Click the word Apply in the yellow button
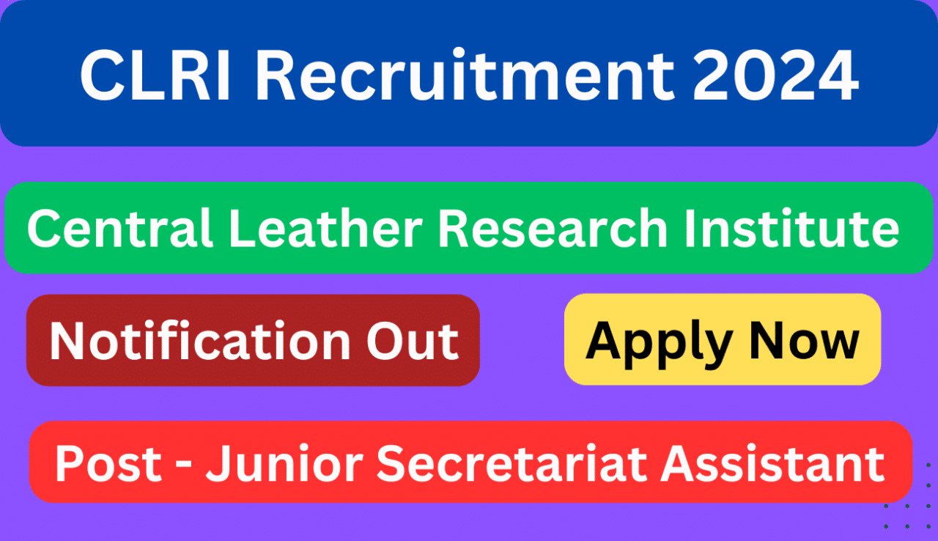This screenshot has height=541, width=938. point(660,342)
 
